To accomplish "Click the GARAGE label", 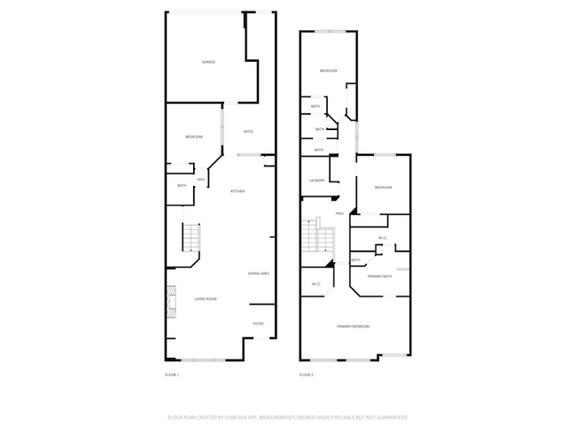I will point(208,62).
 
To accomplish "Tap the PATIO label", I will point(248,132).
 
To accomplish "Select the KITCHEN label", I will point(237,191).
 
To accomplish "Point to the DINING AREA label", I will point(259,274).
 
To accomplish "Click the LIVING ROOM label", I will point(206,299).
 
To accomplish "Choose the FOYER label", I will point(258,324).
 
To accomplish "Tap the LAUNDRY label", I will point(316,181).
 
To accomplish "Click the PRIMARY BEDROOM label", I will point(353,327).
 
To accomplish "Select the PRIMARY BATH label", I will point(380,276).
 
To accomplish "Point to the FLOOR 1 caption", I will point(172,375).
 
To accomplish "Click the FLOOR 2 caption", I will point(307,375).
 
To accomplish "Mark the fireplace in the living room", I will point(168,301).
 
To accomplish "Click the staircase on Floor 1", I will point(192,237).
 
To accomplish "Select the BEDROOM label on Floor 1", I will point(193,136).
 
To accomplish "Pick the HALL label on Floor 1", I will point(201,180).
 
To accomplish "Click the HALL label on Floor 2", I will point(339,214).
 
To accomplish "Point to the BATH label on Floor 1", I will point(182,186).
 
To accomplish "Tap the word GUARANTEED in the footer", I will point(390,416).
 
